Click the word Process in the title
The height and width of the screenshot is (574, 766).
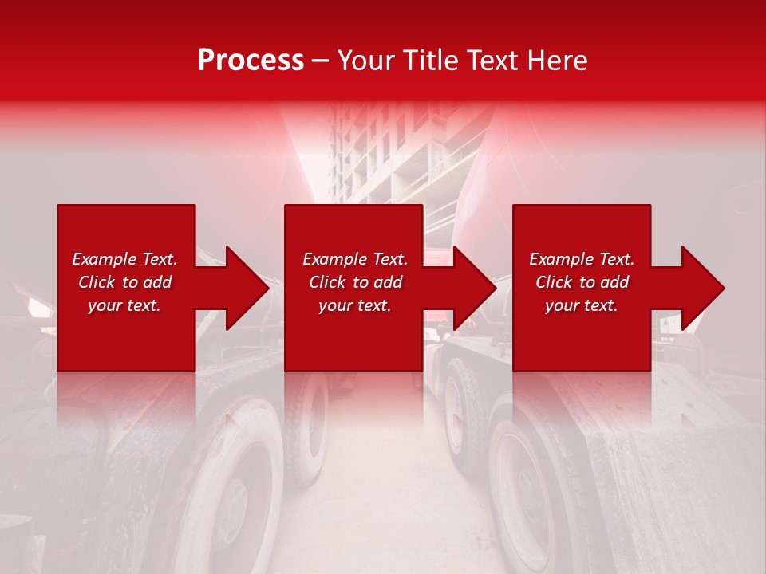(251, 61)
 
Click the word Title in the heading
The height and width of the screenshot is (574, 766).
(432, 61)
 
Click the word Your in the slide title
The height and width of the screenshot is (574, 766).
(367, 61)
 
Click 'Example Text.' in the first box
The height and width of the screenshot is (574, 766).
(124, 259)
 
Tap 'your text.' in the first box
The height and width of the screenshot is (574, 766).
(124, 305)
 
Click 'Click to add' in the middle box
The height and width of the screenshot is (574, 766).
(355, 282)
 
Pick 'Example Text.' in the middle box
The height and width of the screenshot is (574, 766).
(355, 259)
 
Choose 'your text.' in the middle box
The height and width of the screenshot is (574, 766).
(355, 305)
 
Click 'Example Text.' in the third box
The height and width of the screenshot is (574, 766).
(582, 259)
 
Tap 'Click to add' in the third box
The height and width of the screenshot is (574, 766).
(582, 282)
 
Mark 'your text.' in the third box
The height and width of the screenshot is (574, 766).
(582, 305)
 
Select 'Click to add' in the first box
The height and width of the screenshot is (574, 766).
(124, 282)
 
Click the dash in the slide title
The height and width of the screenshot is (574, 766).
(320, 61)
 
